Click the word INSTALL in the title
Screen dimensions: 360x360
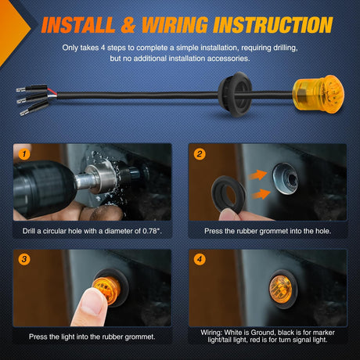(x=78, y=25)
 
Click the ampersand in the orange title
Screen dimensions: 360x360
(x=128, y=25)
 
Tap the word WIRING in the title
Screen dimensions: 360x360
(x=175, y=25)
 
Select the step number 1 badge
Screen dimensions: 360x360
(x=24, y=154)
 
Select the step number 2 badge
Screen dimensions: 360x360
(x=200, y=154)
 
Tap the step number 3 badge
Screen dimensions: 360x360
(x=24, y=259)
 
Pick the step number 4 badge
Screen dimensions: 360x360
(x=200, y=259)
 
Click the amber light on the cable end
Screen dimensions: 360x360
(x=318, y=95)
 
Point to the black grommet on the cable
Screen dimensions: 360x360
(x=236, y=95)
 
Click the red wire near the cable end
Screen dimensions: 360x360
(x=52, y=91)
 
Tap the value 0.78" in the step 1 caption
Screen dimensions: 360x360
(x=151, y=231)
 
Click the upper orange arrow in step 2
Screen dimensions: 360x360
(x=257, y=175)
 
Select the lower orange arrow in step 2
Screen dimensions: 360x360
(x=261, y=194)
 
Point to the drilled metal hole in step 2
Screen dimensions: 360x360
(x=285, y=178)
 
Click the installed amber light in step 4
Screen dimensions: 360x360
(x=280, y=288)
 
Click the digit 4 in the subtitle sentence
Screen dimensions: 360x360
(x=103, y=48)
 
